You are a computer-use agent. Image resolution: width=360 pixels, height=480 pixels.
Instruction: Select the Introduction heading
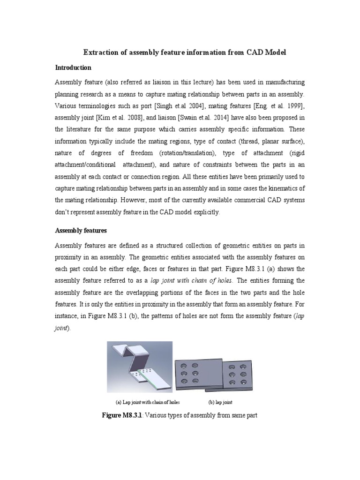coord(73,68)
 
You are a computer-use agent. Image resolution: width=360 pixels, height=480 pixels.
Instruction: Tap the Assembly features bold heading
coord(81,231)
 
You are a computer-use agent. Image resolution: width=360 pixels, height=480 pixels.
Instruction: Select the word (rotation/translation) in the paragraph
coord(185,153)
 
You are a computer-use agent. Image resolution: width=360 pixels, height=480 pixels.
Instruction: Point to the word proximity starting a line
coord(70,257)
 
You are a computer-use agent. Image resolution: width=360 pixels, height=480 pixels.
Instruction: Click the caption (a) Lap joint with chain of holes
coord(148,402)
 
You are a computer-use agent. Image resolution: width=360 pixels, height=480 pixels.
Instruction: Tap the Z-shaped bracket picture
coord(139,367)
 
